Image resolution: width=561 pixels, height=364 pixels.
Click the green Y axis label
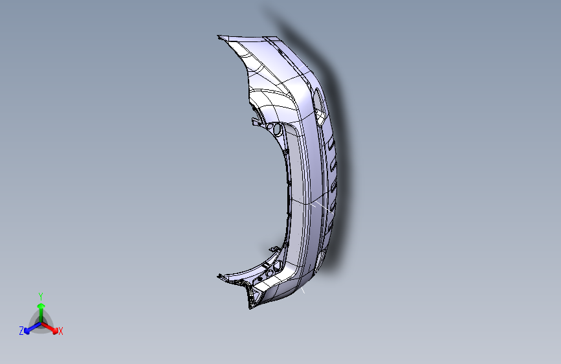click(41, 295)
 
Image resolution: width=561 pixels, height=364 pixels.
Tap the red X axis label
click(61, 331)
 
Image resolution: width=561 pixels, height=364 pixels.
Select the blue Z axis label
click(21, 330)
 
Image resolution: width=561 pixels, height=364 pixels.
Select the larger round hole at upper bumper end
click(277, 129)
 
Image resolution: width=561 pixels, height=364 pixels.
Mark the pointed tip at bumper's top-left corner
click(219, 36)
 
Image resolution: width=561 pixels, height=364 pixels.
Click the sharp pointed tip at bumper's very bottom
click(249, 307)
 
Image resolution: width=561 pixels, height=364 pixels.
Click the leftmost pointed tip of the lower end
click(218, 277)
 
